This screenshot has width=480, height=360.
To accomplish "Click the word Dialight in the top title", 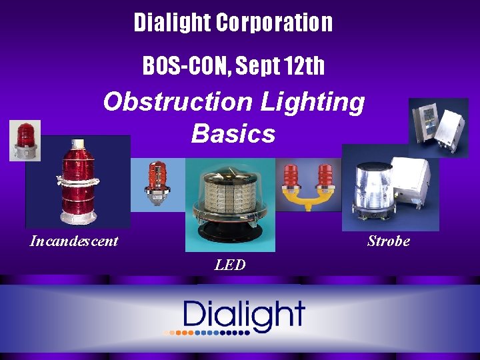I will (172, 23).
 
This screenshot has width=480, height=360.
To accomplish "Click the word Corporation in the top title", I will (274, 23).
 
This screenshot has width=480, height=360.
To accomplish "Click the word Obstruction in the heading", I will (176, 103).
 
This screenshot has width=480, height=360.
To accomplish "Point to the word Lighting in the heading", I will (313, 103).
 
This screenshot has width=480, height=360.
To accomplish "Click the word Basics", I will (233, 133).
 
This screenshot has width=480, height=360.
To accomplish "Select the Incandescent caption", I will (73, 241).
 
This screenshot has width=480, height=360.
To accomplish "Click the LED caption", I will (230, 265).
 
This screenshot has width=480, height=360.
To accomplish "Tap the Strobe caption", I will (388, 241).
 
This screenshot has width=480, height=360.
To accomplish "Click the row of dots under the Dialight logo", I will (207, 331).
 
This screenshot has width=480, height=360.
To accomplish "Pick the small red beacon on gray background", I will (25, 140).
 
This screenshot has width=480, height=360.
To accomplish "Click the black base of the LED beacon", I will (229, 235).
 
